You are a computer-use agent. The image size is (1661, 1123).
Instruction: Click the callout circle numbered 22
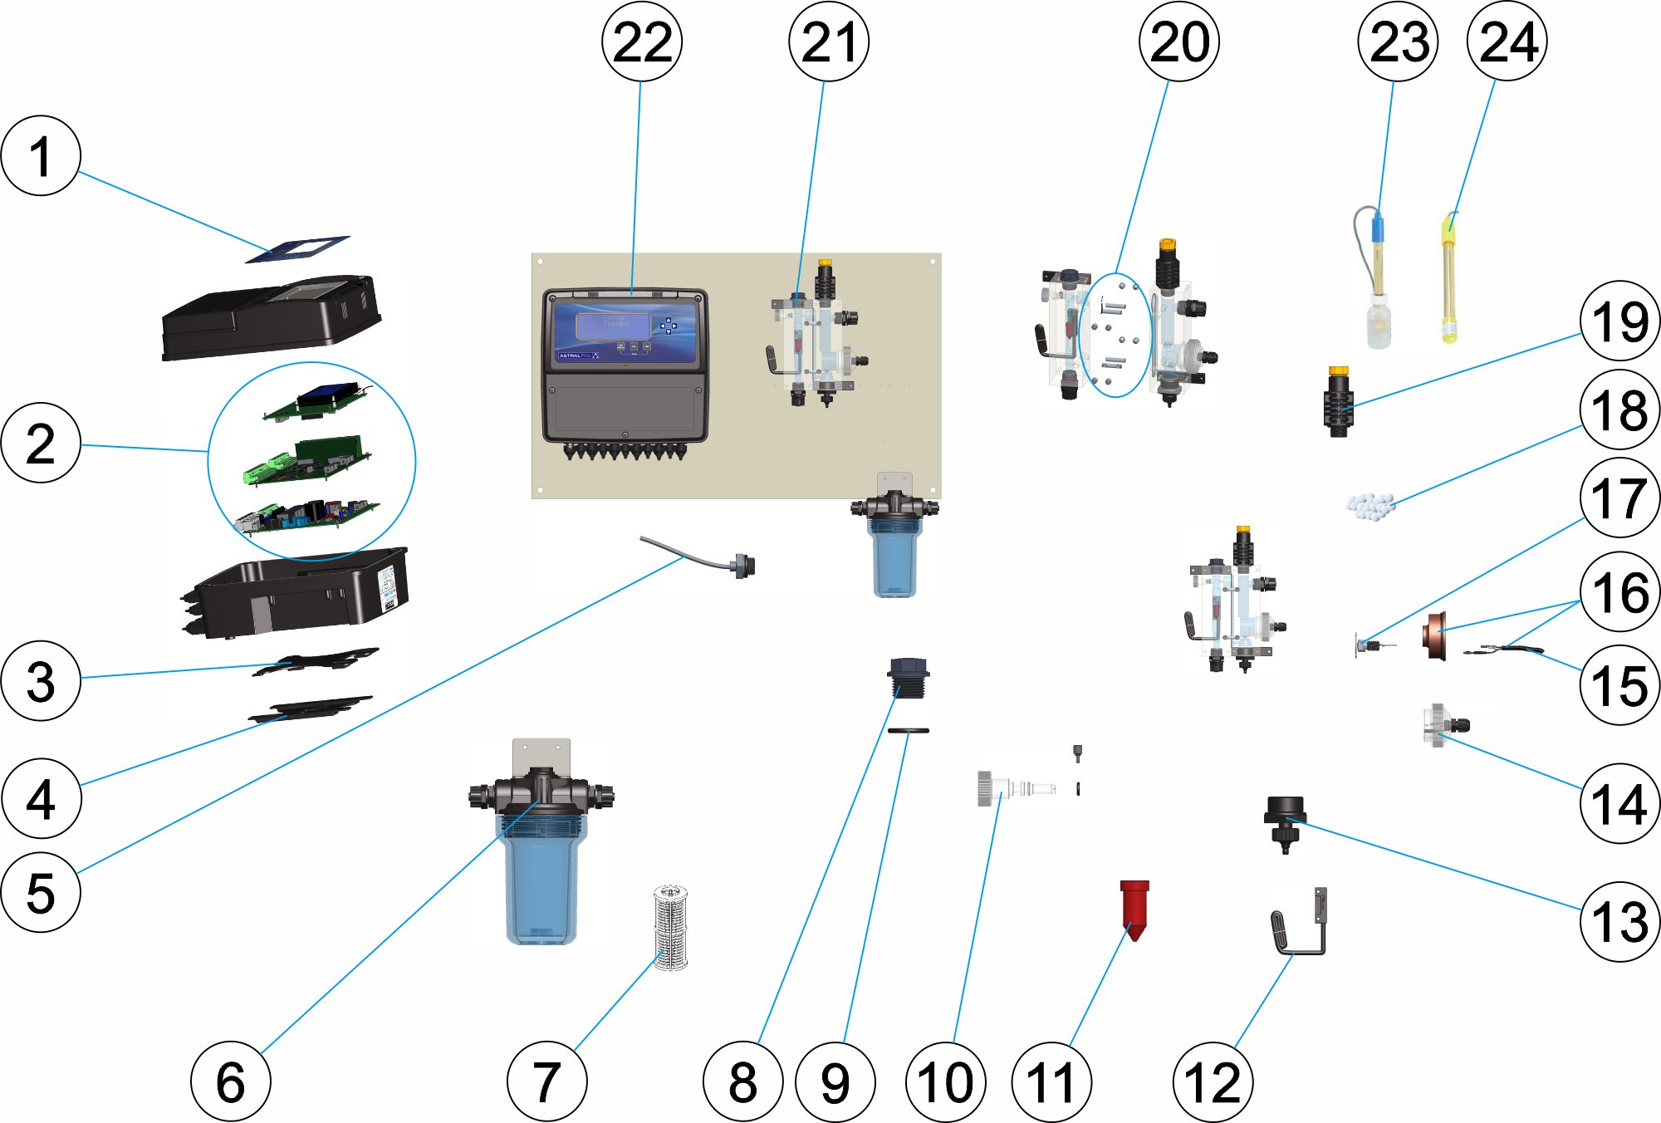coord(641,42)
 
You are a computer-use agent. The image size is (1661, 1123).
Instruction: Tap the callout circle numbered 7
coord(546,1081)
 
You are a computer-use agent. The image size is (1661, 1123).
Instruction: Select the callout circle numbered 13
coord(1619,921)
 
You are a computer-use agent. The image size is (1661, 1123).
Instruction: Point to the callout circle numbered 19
coord(1619,321)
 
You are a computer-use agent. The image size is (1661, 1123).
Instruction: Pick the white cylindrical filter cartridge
coord(670,927)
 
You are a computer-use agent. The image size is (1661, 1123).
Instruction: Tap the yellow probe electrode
coord(1449,282)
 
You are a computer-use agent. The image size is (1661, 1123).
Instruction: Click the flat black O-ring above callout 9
coord(908,731)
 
